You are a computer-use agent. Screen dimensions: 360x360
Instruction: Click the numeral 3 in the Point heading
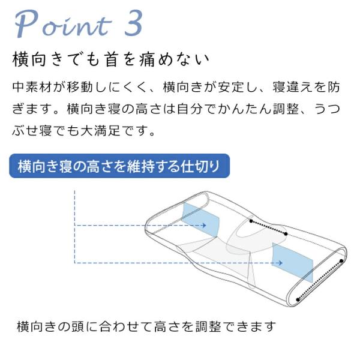133,23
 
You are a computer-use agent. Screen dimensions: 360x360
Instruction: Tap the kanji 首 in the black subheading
111,59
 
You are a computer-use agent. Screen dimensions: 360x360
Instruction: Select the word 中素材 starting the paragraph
32,87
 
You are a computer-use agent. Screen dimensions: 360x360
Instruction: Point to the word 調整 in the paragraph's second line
286,109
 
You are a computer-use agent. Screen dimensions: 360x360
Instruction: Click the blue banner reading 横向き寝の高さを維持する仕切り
119,166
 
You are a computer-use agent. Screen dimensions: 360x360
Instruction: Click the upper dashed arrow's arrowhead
203,226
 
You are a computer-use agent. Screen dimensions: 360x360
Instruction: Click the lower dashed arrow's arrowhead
280,263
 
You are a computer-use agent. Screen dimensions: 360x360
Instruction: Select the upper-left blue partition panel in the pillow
200,220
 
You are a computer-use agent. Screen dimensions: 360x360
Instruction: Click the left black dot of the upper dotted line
251,221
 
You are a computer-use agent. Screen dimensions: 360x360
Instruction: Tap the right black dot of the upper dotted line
286,234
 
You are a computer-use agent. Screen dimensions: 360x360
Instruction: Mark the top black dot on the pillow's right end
341,261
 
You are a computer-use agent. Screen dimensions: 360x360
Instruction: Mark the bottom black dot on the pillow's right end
298,299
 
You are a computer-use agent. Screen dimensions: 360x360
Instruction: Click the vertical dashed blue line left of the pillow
74,227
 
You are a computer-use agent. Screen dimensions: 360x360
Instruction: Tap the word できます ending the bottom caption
249,326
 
